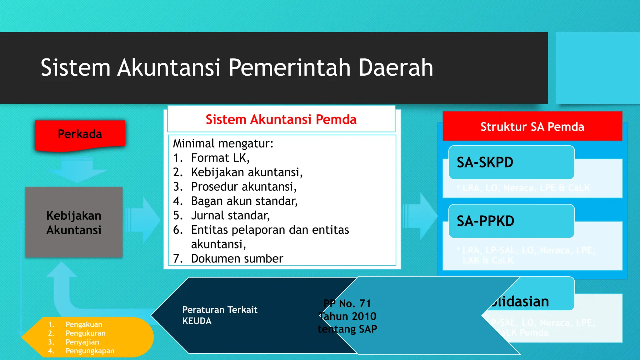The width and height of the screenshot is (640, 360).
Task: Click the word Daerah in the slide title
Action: click(x=396, y=67)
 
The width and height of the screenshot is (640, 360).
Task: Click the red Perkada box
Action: click(x=80, y=134)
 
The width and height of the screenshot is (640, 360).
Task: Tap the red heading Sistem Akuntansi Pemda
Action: click(x=281, y=119)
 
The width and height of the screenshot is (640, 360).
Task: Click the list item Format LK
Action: click(x=220, y=158)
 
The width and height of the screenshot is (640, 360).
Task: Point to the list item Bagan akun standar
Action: click(x=244, y=201)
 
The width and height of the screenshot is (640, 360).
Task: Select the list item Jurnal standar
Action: click(x=230, y=216)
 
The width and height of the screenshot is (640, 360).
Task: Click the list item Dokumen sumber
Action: click(x=237, y=259)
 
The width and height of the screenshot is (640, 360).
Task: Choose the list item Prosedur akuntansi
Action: click(x=243, y=187)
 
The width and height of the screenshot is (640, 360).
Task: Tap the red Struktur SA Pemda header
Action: click(x=532, y=127)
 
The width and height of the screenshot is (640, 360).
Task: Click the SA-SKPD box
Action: click(x=511, y=162)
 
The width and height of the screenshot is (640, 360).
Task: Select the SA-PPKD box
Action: click(x=511, y=221)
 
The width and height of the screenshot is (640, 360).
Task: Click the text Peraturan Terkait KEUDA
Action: click(x=220, y=315)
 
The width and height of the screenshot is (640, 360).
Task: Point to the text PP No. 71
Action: click(x=347, y=303)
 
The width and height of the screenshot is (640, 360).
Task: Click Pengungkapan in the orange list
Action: click(x=90, y=351)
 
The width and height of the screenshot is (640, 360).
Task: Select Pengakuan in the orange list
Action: click(x=84, y=325)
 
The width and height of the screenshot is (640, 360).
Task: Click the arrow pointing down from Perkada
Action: click(x=77, y=170)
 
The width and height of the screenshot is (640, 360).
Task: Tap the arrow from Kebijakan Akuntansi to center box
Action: click(x=143, y=220)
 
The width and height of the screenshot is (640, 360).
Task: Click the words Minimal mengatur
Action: click(x=223, y=144)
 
